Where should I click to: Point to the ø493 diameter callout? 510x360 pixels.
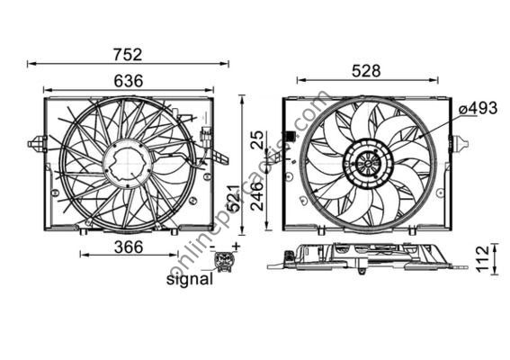(477, 109)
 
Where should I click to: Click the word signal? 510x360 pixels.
(191, 280)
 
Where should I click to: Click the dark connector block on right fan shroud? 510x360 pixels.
(291, 137)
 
